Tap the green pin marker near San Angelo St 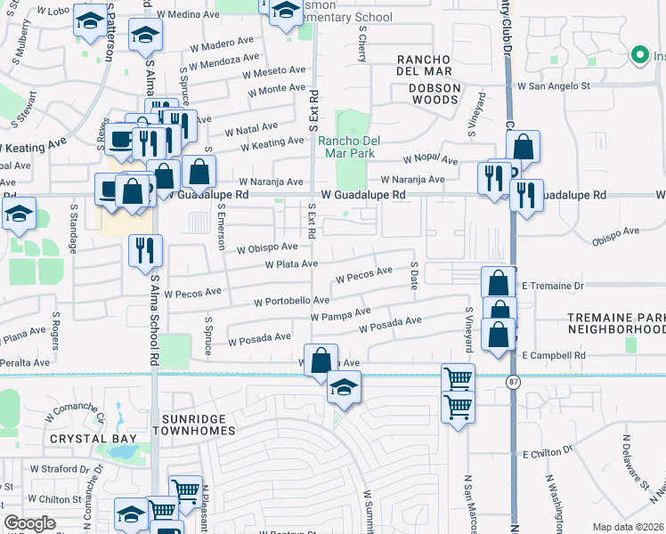(x=638, y=56)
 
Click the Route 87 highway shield (x=514, y=382)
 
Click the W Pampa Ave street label (x=340, y=313)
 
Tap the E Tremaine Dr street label (x=552, y=286)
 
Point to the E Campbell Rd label (x=554, y=355)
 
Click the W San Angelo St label (x=555, y=86)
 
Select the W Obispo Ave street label (x=261, y=247)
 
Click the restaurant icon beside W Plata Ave (x=145, y=251)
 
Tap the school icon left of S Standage (x=18, y=214)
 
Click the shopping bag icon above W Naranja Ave (x=201, y=170)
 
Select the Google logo (x=29, y=523)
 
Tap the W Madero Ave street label (x=222, y=44)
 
